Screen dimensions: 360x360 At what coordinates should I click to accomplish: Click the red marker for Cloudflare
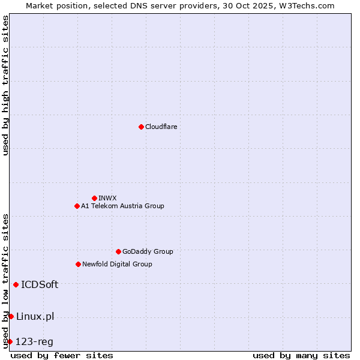[141, 127]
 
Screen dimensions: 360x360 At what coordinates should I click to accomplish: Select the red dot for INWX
[94, 198]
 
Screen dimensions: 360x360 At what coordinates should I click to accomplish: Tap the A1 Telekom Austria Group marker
[77, 206]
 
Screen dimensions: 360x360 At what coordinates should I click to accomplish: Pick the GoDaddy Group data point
[118, 251]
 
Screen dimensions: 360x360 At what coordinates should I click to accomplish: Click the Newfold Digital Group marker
[78, 264]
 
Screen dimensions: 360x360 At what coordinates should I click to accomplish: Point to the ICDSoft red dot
[16, 284]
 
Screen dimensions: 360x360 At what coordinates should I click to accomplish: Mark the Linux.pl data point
[11, 316]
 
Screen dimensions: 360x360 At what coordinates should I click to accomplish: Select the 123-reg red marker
[10, 341]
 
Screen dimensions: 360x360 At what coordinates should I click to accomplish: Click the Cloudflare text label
[161, 127]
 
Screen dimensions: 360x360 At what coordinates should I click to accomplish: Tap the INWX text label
[107, 198]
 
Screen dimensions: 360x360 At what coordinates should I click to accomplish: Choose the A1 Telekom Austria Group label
[122, 206]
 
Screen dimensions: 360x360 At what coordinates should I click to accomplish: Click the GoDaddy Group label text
[148, 251]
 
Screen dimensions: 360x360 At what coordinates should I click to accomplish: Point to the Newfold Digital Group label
[117, 264]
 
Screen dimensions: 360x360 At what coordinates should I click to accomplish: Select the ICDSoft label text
[40, 284]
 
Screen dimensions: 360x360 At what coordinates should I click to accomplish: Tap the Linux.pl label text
[35, 316]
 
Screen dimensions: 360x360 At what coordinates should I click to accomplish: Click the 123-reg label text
[34, 341]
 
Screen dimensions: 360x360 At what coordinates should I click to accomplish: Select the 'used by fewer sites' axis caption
[62, 355]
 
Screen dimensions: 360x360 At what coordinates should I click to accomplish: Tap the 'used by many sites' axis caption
[301, 355]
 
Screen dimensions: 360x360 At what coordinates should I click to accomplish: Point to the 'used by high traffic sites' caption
[5, 86]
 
